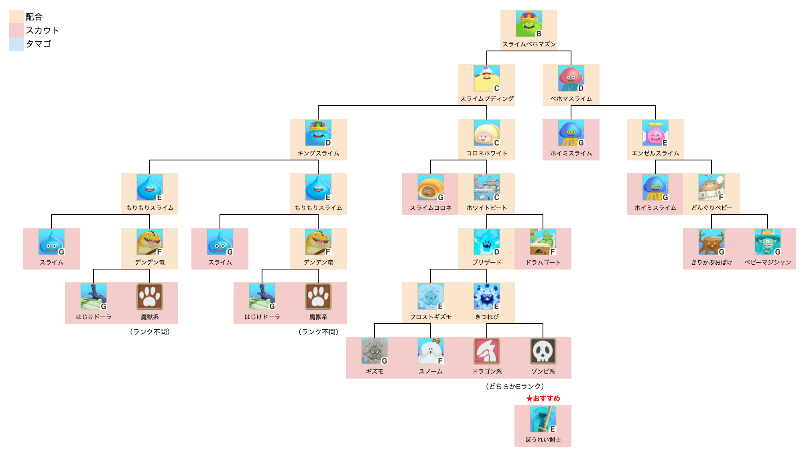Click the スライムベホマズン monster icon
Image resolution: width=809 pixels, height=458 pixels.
(x=528, y=24)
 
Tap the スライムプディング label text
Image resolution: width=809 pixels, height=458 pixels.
(x=487, y=99)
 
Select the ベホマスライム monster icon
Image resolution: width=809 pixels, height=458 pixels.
(x=571, y=78)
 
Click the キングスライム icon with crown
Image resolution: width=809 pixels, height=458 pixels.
(x=318, y=133)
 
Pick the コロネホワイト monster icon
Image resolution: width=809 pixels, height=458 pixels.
(x=486, y=133)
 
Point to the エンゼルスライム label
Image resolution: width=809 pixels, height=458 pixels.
(x=655, y=153)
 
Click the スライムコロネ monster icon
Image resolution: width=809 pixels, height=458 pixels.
(x=430, y=187)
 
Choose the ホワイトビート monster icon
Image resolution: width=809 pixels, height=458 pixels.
(x=486, y=187)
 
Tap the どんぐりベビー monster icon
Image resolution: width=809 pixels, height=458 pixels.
(x=711, y=187)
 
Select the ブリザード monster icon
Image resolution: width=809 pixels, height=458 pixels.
(x=486, y=242)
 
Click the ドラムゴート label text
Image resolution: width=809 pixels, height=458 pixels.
(x=543, y=262)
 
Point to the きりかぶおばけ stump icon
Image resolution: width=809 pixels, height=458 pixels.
(x=711, y=242)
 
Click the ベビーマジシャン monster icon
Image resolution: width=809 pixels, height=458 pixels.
(x=767, y=242)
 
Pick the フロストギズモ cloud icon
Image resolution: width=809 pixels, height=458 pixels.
(x=430, y=296)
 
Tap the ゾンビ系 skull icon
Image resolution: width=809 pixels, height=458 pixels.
(x=543, y=351)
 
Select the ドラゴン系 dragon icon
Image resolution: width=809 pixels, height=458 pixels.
(x=487, y=351)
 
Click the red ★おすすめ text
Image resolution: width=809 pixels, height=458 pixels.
(x=543, y=398)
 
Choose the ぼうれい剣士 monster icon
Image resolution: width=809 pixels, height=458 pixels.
(x=543, y=419)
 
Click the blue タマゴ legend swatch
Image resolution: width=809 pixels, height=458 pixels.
(x=16, y=44)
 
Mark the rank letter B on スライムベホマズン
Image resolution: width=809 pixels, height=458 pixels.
(x=539, y=34)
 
